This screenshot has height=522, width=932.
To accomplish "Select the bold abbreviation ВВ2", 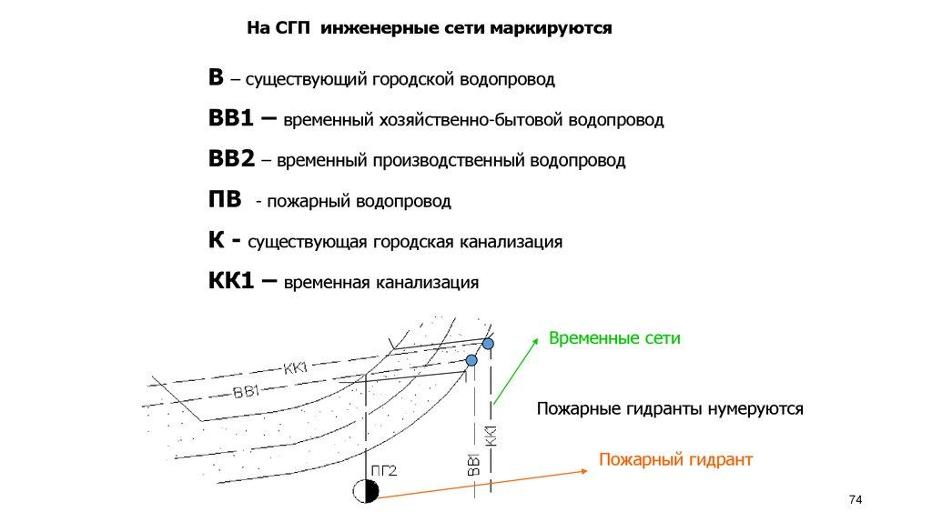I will [x=230, y=159].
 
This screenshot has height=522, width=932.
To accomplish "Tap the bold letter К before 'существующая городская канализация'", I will [x=216, y=240].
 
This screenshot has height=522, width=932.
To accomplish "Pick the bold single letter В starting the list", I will [x=216, y=78].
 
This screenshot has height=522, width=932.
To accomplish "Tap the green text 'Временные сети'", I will [x=614, y=338].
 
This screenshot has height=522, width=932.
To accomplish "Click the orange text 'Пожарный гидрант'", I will [x=675, y=459].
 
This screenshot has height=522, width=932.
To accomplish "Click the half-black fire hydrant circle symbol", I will [x=365, y=492].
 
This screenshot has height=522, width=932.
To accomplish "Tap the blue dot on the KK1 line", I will [x=489, y=345].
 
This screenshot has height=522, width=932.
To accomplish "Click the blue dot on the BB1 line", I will [x=471, y=360].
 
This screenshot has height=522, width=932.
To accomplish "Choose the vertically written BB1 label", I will [x=473, y=464].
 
